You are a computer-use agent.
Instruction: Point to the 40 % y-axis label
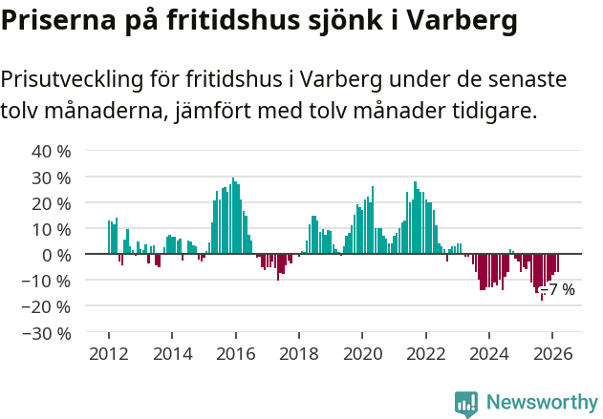[52, 152]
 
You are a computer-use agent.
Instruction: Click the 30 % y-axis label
[52, 178]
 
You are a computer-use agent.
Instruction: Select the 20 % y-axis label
[52, 203]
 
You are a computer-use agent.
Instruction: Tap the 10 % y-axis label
[52, 229]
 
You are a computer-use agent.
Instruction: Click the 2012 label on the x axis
[108, 353]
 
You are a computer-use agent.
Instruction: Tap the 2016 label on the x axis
[235, 353]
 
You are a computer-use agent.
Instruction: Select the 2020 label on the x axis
[362, 353]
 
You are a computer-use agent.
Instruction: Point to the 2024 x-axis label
[488, 353]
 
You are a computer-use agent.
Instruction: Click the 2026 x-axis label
[552, 353]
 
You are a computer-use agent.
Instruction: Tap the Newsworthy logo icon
[466, 404]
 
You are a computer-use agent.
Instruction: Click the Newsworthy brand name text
[541, 403]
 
